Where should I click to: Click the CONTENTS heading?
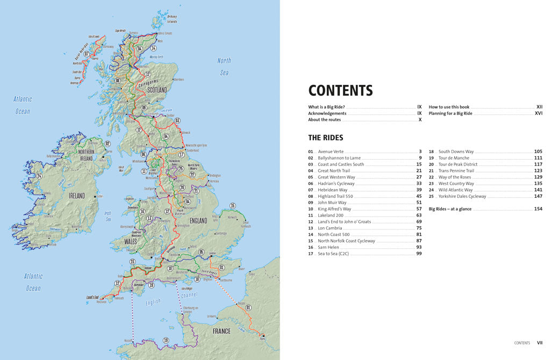[x=340, y=90]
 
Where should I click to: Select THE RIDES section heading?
[x=325, y=138]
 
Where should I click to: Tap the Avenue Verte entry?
[x=330, y=152]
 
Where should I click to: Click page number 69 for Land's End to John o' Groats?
[x=419, y=221]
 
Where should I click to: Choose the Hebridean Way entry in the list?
[x=332, y=190]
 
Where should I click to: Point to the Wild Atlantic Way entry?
[x=455, y=190]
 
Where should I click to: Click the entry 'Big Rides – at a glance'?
[x=450, y=208]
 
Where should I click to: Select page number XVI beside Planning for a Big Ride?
[x=538, y=113]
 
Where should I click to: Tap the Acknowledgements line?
[x=327, y=113]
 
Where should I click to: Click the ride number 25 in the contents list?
[x=431, y=196]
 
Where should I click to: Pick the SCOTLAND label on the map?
[x=157, y=90]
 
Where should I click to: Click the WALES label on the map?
[x=130, y=241]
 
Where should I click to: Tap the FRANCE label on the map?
[x=221, y=331]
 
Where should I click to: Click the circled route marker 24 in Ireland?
[x=39, y=176]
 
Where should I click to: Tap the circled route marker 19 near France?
[x=166, y=340]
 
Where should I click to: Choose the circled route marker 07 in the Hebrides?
[x=87, y=54]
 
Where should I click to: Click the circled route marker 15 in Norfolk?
[x=232, y=206]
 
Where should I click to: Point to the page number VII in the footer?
[x=540, y=342]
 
